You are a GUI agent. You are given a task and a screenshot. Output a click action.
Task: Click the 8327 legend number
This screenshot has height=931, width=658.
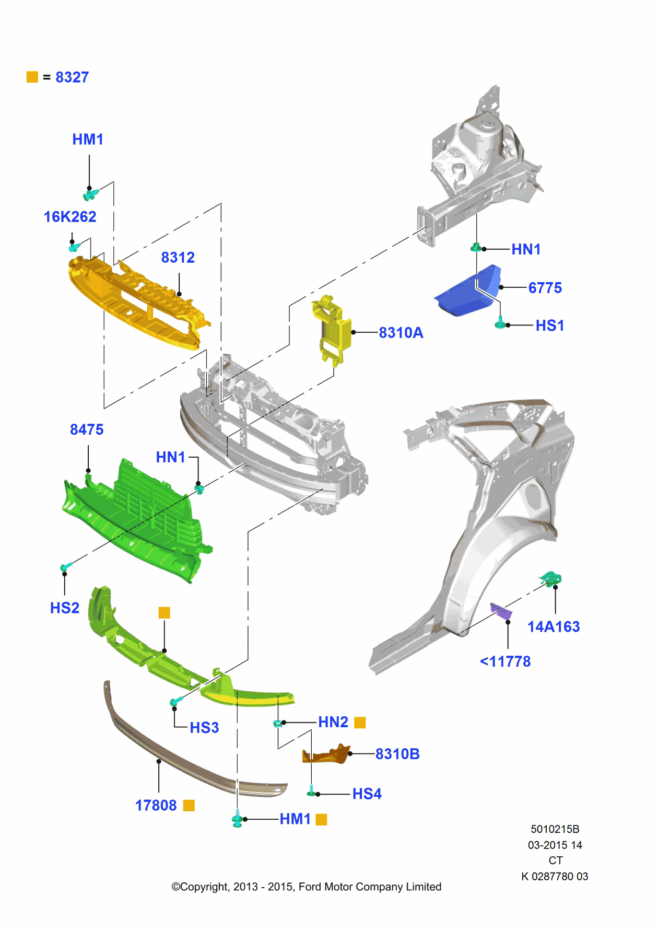tap(72, 77)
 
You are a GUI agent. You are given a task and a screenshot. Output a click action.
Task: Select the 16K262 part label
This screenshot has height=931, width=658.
tap(70, 217)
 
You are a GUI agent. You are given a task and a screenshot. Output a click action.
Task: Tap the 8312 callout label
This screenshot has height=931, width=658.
tap(178, 258)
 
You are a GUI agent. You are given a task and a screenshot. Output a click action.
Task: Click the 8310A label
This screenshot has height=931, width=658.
tap(401, 333)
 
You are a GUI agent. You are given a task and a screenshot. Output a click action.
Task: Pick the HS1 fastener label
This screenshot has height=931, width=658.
tap(550, 325)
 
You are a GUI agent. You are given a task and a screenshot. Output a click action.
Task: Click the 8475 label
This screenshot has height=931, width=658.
tap(87, 429)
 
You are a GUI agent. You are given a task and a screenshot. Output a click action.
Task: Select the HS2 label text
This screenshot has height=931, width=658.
tap(65, 608)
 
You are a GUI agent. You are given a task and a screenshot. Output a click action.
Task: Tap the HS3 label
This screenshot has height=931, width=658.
tap(204, 728)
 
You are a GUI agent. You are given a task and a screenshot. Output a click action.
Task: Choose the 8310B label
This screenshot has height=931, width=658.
tap(397, 754)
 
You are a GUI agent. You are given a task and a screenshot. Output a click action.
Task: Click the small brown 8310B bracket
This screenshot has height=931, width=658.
tap(326, 754)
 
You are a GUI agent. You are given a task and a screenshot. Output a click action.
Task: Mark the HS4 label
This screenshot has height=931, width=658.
tap(367, 794)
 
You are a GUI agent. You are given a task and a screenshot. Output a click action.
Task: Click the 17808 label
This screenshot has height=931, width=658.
tap(156, 806)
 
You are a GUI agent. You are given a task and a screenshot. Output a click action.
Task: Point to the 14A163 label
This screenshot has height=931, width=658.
tap(554, 627)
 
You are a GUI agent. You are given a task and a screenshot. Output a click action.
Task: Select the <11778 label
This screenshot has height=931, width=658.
tap(506, 661)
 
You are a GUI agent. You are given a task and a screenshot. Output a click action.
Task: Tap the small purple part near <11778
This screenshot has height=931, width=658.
tap(501, 610)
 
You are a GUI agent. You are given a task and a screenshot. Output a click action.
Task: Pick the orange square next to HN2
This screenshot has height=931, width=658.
tap(360, 723)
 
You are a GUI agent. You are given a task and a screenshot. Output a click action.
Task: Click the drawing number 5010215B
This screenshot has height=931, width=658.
tap(555, 829)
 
